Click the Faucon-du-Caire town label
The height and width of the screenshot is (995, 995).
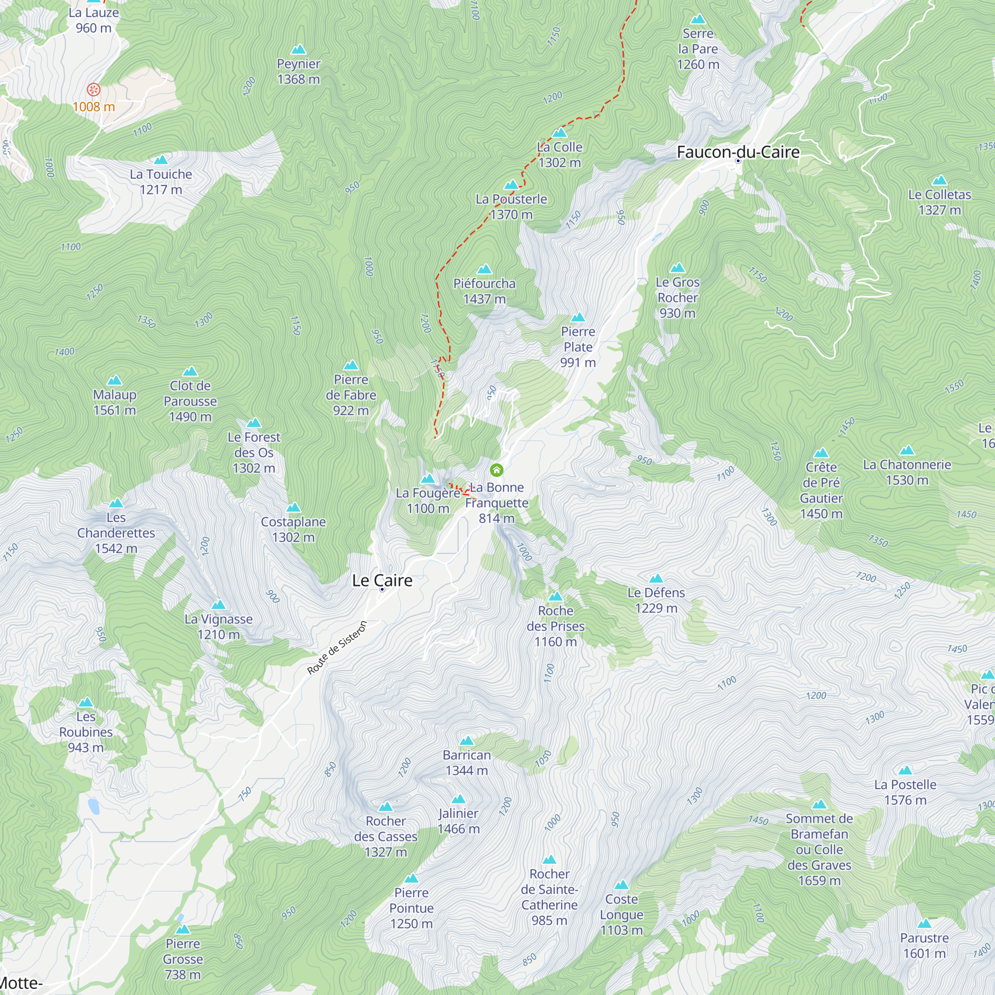click(x=737, y=152)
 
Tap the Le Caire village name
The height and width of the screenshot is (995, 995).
click(x=382, y=581)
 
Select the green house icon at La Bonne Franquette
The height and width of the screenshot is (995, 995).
click(x=497, y=470)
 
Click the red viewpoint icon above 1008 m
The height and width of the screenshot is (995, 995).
click(x=93, y=90)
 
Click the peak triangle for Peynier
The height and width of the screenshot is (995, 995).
click(x=298, y=50)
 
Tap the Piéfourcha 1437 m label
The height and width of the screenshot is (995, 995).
click(x=484, y=291)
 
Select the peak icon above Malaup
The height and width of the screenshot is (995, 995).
click(x=114, y=381)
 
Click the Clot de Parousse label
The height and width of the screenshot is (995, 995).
click(x=190, y=400)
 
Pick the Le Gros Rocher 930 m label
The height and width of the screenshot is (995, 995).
click(x=677, y=297)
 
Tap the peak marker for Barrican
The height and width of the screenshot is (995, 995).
click(x=467, y=741)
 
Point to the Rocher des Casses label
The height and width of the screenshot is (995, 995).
click(x=386, y=836)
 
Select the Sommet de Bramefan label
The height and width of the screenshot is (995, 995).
click(x=819, y=849)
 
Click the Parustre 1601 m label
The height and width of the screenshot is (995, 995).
click(x=924, y=945)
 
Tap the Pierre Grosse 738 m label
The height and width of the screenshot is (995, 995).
click(x=183, y=959)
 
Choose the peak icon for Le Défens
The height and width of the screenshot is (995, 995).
click(x=656, y=579)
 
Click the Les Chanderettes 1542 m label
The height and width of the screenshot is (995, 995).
click(x=116, y=532)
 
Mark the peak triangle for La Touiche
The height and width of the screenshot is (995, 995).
click(x=161, y=160)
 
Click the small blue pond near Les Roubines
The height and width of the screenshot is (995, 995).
click(x=94, y=806)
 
